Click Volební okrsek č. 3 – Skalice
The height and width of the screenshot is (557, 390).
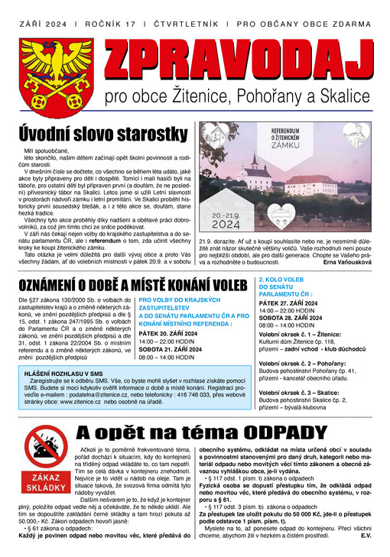point(303,413)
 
